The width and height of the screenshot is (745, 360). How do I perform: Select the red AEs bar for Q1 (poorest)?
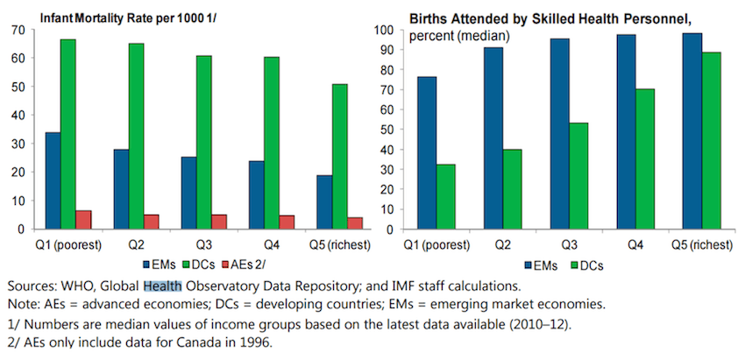click(x=84, y=220)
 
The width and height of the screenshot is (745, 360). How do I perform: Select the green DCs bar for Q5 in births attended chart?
click(x=711, y=140)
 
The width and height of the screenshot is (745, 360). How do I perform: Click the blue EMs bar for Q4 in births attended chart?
click(x=627, y=131)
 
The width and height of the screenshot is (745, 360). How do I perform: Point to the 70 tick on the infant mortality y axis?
click(x=18, y=30)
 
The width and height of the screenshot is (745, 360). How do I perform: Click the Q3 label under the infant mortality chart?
click(x=203, y=244)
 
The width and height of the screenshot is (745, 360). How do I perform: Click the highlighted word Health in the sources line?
click(x=163, y=286)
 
